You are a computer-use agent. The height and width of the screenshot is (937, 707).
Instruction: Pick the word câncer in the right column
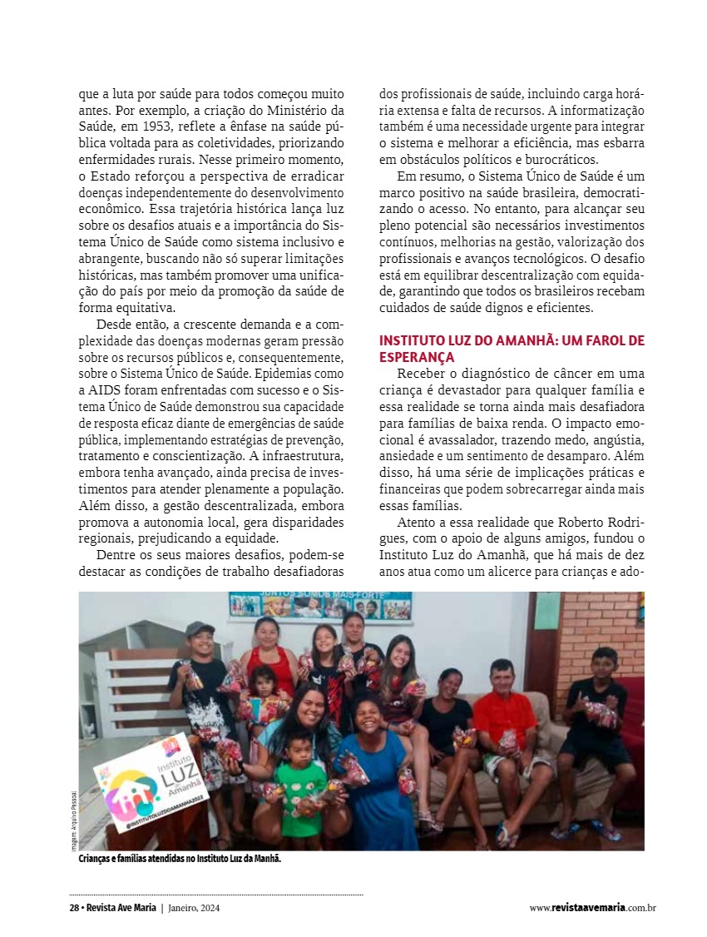click(557, 373)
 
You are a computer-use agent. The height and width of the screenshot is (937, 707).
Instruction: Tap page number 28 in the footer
click(74, 908)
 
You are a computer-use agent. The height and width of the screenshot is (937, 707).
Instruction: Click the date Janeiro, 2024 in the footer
click(195, 908)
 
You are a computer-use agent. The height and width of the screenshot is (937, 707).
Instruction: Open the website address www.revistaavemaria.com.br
click(592, 908)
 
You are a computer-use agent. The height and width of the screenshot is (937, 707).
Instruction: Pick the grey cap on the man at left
click(200, 629)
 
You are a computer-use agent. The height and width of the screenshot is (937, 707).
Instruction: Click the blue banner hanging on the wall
click(320, 605)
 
